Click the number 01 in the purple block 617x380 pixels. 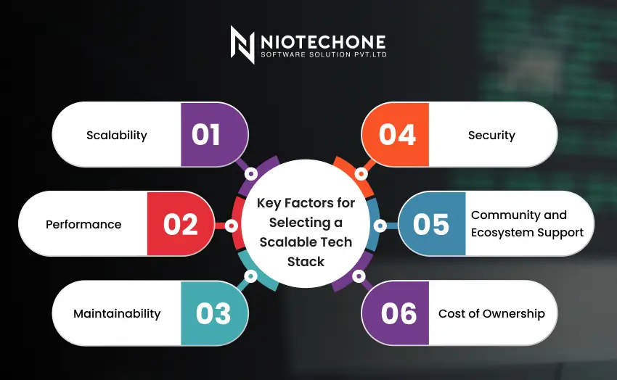205,135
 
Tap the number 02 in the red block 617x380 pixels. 181,225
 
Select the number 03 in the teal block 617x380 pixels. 213,314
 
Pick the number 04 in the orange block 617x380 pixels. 397,135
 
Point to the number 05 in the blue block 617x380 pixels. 431,225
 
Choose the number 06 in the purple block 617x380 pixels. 399,314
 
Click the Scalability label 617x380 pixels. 117,135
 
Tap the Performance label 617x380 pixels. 83,225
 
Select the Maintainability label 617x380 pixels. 117,314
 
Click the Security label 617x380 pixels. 491,135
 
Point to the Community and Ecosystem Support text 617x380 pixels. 527,224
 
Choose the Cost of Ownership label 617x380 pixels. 491,314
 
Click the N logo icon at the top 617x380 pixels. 242,44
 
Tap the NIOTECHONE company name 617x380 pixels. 322,41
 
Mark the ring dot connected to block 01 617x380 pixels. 251,174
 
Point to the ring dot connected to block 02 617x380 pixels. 232,226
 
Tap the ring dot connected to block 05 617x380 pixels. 379,226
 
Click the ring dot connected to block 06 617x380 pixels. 359,276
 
